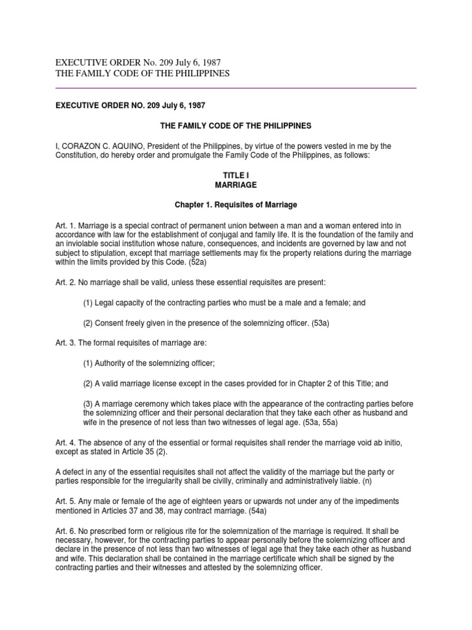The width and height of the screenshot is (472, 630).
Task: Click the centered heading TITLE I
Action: tap(236, 175)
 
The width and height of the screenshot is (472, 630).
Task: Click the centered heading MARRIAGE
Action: tap(236, 185)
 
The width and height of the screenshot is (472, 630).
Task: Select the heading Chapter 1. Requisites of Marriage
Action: tap(236, 204)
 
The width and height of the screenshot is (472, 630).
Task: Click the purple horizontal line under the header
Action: tap(236, 88)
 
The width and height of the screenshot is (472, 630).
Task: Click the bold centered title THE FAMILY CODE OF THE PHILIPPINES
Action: tap(236, 126)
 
